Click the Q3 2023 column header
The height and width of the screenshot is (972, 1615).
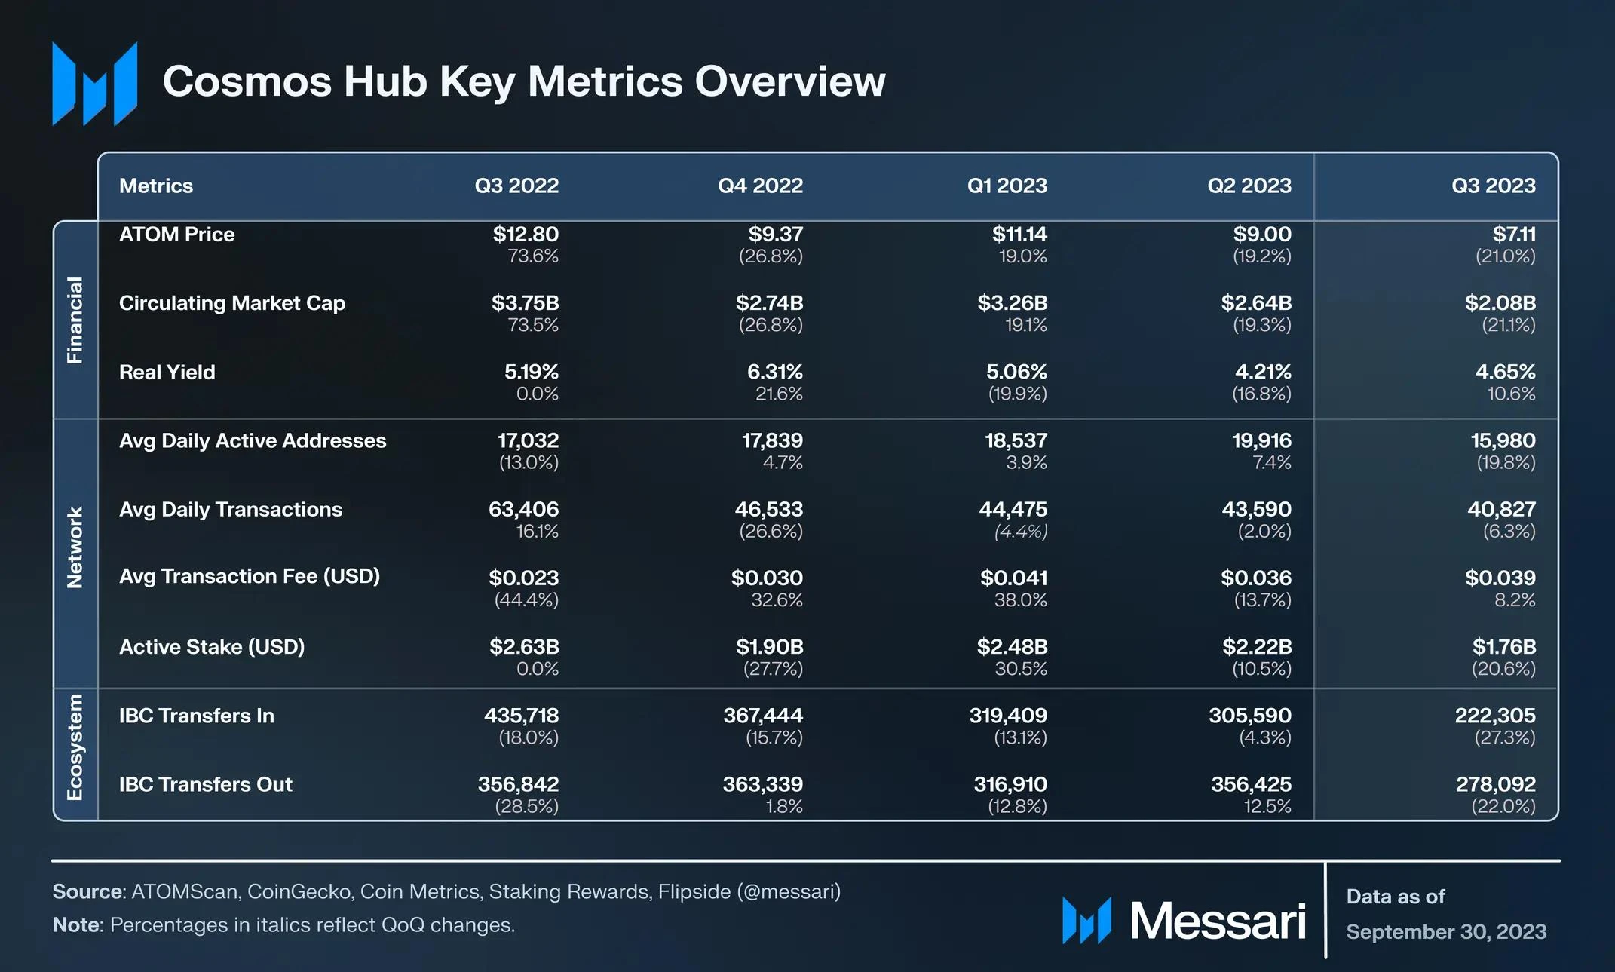[1493, 186]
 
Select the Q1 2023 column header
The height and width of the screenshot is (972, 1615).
[1007, 186]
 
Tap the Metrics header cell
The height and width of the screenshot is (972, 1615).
[156, 186]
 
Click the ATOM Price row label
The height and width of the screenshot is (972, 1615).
[177, 235]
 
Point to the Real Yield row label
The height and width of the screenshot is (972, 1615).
[167, 372]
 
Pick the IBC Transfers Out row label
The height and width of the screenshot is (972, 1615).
[205, 784]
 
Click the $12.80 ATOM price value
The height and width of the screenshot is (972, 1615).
[526, 235]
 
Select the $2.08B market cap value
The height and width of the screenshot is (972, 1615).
[1500, 303]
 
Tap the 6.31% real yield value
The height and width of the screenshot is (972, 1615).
[774, 372]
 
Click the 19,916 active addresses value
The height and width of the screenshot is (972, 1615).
[1261, 440]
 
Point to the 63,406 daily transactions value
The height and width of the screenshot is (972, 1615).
[523, 509]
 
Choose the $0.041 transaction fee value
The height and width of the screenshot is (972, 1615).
[1013, 578]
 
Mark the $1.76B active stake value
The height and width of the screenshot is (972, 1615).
[1503, 647]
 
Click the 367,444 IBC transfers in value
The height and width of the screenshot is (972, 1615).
[763, 716]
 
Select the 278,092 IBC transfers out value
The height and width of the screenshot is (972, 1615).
[1495, 784]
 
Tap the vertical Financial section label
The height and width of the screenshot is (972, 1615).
[75, 320]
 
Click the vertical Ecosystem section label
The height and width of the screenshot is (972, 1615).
[75, 747]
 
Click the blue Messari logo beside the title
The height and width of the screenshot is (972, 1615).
[95, 83]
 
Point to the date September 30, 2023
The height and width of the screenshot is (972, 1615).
[1445, 932]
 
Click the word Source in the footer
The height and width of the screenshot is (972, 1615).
[87, 892]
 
